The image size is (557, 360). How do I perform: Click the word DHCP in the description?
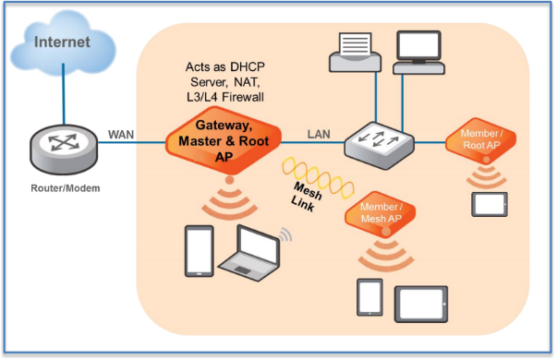pyautogui.click(x=246, y=69)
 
